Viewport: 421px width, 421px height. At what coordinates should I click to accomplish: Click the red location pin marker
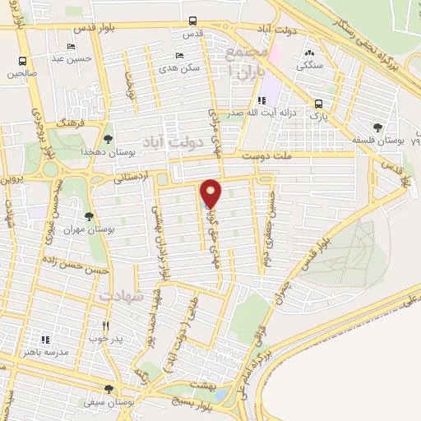[x=210, y=194]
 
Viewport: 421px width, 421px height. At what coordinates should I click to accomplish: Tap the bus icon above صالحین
[x=23, y=61]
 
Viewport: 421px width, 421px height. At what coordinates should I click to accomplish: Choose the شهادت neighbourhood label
[x=120, y=293]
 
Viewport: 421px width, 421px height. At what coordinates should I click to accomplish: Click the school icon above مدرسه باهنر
[x=45, y=339]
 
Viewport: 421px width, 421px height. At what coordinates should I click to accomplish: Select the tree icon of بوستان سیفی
[x=109, y=389]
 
